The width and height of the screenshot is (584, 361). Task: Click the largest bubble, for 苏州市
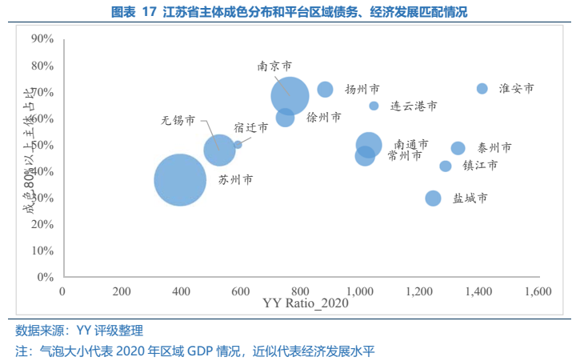(180, 180)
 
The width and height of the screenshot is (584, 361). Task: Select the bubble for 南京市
(290, 96)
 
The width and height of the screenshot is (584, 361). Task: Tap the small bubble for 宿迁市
(238, 144)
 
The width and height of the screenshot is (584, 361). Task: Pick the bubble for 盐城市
(433, 198)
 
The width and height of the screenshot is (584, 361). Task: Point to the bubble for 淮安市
(482, 88)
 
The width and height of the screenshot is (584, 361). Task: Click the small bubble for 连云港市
(374, 106)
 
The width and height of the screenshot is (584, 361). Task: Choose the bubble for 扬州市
(325, 90)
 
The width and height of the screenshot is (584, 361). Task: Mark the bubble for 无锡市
(218, 150)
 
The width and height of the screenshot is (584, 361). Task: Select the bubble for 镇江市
(446, 166)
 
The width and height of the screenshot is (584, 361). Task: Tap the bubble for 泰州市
(458, 148)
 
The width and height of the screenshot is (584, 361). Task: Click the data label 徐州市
(324, 117)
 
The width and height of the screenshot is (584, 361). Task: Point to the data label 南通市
(411, 144)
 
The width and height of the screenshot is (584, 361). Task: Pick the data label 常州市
(405, 155)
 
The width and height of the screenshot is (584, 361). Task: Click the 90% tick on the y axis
(42, 38)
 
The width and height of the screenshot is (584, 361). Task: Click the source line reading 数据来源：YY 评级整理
(79, 330)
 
